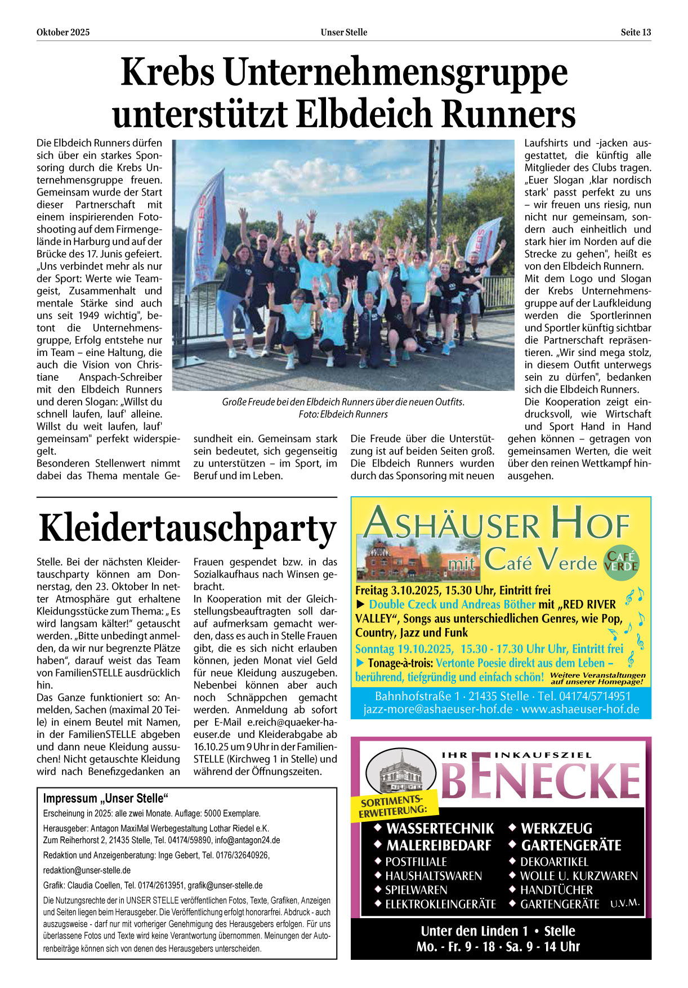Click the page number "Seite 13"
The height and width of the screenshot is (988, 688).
point(636,32)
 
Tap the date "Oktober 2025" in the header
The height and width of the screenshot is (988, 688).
point(63,32)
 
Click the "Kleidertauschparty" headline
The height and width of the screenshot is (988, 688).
point(187,528)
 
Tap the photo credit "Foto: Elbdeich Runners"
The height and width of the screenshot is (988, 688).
point(343,414)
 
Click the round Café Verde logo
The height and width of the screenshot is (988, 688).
point(621,561)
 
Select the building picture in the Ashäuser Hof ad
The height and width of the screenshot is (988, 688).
point(418,560)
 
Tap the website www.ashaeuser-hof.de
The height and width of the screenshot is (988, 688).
point(580,709)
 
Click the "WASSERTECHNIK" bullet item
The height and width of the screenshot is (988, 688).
point(440,829)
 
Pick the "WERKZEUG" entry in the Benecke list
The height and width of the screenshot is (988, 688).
point(556,829)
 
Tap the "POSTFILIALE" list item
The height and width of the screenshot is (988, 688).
point(416,862)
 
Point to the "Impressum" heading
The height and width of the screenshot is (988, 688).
point(106,798)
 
